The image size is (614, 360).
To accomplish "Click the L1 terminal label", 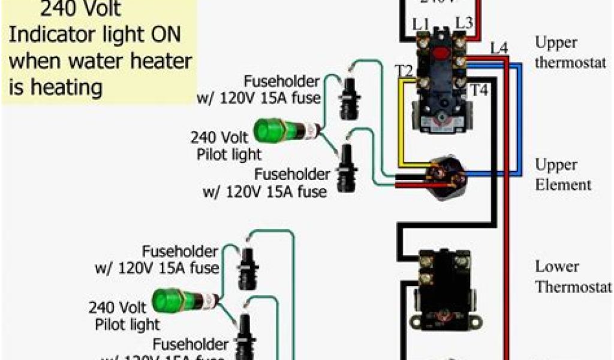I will coord(422,25).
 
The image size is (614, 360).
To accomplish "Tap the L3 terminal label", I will coord(464,22).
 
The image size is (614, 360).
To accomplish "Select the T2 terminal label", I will coord(404,71).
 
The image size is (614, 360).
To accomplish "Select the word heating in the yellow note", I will coord(66,88).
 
